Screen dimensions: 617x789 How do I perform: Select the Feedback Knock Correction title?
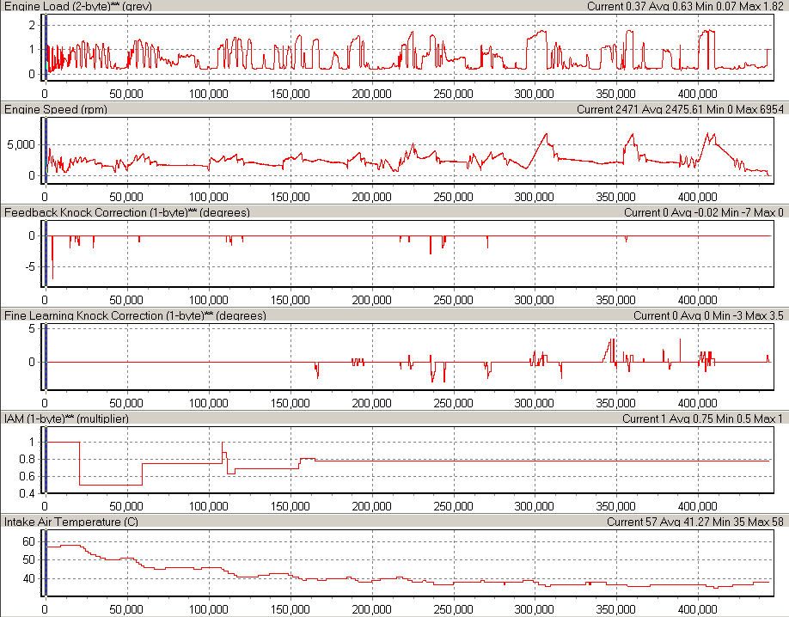pyautogui.click(x=103, y=212)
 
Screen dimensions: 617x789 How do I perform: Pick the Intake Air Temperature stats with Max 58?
pyautogui.click(x=696, y=522)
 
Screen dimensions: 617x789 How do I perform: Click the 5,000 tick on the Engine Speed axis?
pyautogui.click(x=20, y=145)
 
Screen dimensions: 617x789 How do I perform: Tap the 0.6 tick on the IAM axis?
pyautogui.click(x=27, y=476)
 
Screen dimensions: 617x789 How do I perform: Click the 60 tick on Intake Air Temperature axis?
pyautogui.click(x=28, y=541)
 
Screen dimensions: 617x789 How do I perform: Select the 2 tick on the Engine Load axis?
pyautogui.click(x=31, y=24)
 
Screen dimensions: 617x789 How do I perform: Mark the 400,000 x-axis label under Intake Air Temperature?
pyautogui.click(x=698, y=608)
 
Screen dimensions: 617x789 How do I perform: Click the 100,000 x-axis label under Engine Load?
pyautogui.click(x=209, y=93)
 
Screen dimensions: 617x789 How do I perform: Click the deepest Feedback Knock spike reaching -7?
pyautogui.click(x=52, y=277)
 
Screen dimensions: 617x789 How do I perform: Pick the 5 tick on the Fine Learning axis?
pyautogui.click(x=31, y=328)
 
